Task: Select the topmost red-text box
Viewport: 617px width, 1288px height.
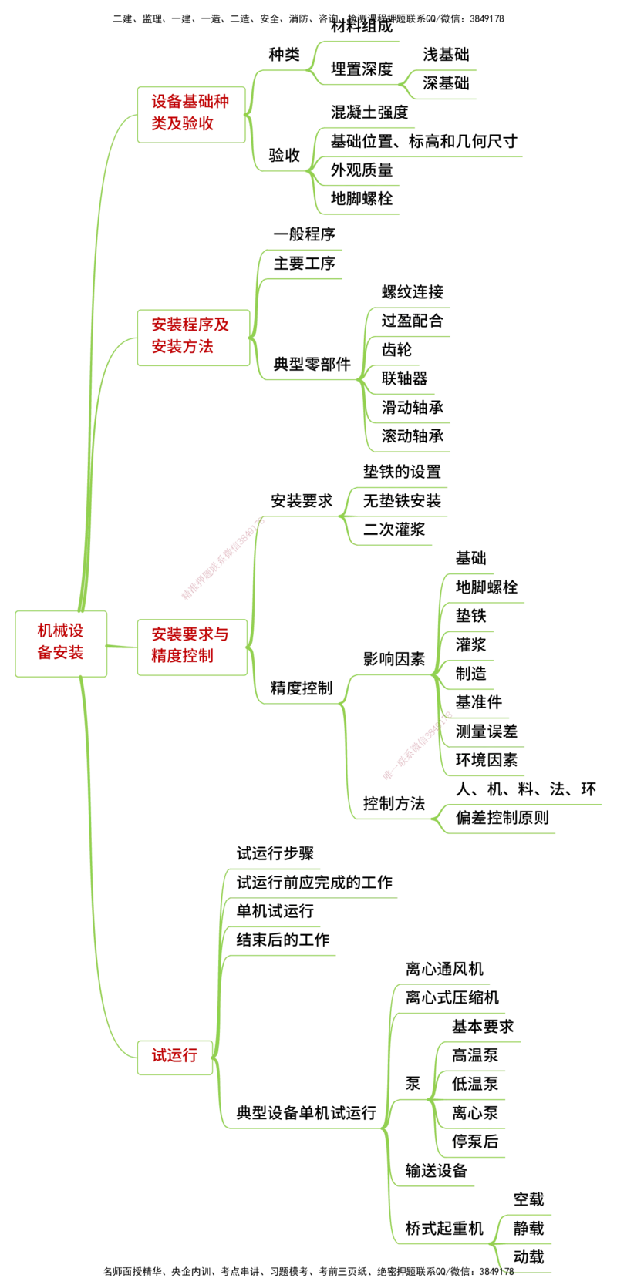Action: tap(190, 113)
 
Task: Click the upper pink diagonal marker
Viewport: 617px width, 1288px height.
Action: tap(221, 560)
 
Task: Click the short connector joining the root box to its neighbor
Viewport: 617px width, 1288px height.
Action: tap(122, 646)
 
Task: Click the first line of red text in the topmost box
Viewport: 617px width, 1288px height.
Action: tap(189, 100)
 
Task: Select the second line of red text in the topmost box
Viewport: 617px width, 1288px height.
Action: tap(182, 123)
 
